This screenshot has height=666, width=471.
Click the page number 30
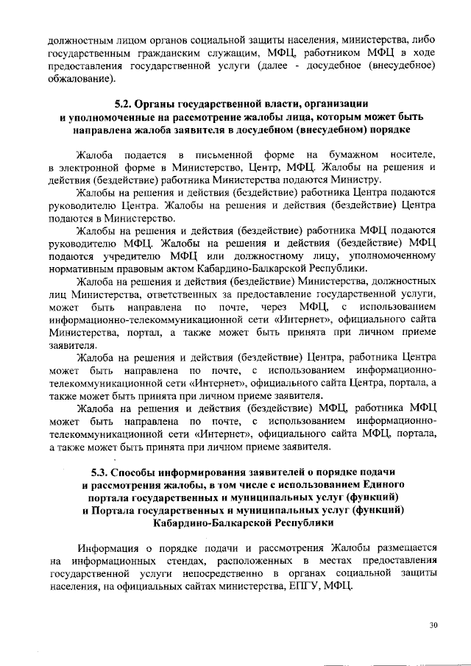coord(433,625)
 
